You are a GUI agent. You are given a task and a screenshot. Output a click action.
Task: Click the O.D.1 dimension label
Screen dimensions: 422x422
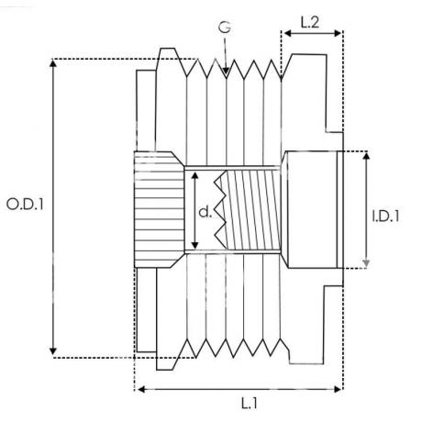25,205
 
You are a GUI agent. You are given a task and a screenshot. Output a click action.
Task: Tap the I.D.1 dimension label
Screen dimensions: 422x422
385,217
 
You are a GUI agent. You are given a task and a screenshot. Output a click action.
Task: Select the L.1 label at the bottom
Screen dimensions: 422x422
250,404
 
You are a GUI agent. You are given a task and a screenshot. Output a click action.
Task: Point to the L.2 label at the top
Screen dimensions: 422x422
310,22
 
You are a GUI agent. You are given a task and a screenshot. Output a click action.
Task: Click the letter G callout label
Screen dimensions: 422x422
225,28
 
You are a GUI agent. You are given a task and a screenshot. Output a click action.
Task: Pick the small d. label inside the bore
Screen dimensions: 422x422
205,212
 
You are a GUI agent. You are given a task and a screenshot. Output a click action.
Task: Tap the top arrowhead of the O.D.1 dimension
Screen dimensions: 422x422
53,63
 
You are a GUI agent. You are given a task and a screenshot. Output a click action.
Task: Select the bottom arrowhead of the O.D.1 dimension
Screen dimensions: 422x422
53,350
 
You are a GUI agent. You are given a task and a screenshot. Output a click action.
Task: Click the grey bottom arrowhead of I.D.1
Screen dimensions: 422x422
366,263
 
